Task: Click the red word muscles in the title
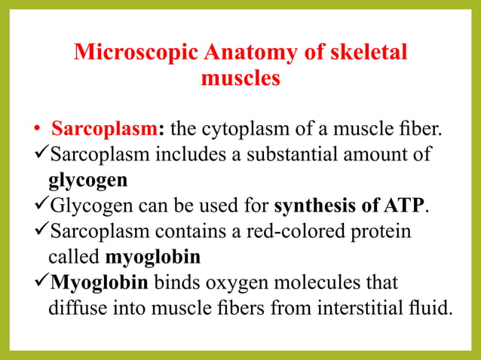[240, 78]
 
